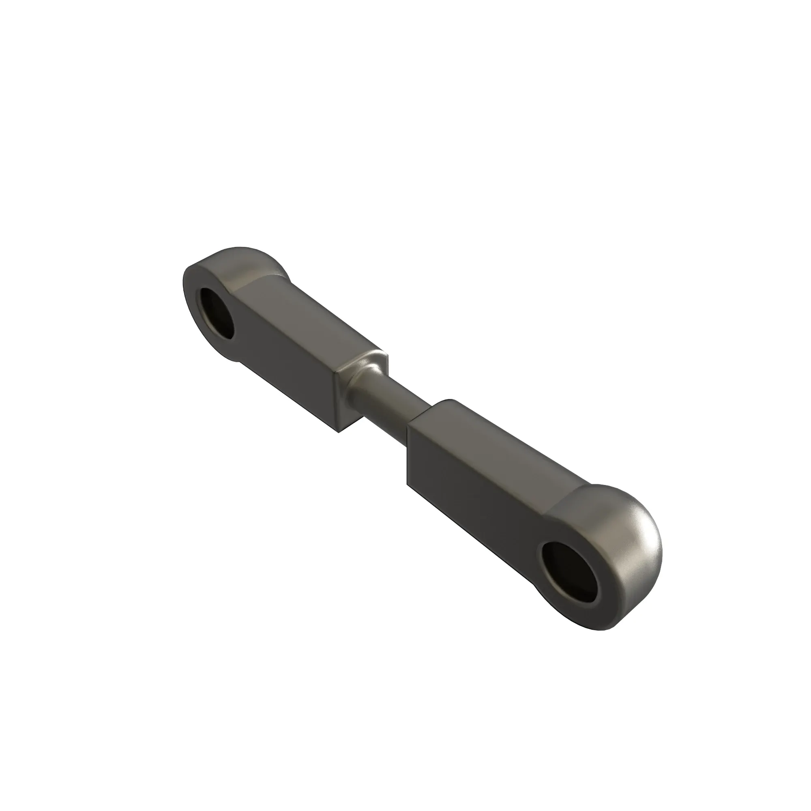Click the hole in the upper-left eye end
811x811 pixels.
pos(217,313)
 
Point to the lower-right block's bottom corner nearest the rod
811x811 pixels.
pos(407,486)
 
